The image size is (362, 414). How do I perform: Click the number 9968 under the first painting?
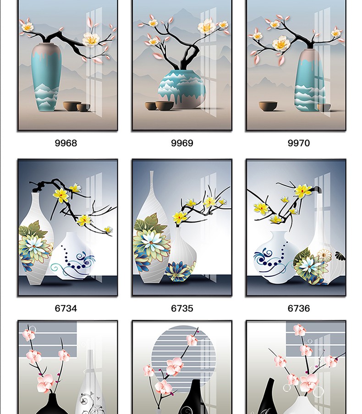point(66,143)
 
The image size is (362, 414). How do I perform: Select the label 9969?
point(182,143)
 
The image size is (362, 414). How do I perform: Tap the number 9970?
point(299,143)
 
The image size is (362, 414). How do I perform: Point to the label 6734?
point(66,308)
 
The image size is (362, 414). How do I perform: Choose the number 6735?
point(182,308)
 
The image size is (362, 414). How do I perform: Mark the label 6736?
point(299,308)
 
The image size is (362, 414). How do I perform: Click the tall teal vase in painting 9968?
point(46,77)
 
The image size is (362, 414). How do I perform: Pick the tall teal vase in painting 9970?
point(310,80)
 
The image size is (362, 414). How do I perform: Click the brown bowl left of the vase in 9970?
point(268,106)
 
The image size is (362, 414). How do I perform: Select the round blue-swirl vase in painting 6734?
point(72,256)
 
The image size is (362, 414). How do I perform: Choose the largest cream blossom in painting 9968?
point(91,39)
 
